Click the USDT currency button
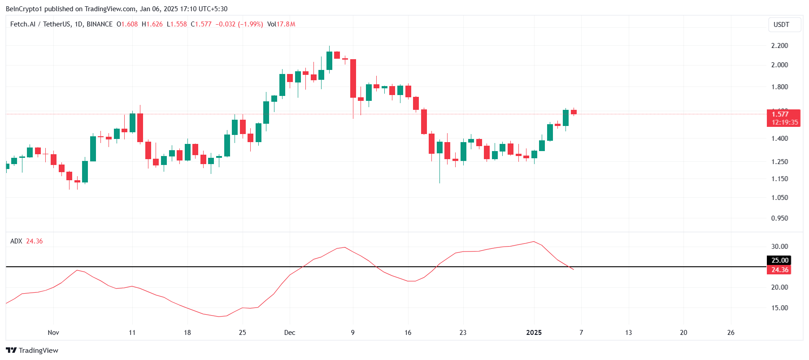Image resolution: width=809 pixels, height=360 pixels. click(x=781, y=25)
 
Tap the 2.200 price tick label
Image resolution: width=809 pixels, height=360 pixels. click(x=779, y=46)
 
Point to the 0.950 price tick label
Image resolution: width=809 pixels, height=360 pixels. click(x=779, y=218)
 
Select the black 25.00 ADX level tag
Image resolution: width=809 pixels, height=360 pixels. click(x=779, y=260)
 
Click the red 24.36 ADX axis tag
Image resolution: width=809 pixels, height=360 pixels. click(x=779, y=270)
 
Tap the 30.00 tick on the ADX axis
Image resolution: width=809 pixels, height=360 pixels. click(x=779, y=247)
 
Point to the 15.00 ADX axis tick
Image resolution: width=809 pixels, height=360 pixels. click(x=779, y=308)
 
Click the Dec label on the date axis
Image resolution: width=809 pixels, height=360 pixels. click(x=290, y=333)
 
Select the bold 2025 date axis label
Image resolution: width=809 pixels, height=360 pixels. click(x=534, y=333)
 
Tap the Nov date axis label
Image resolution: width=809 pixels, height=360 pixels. click(x=53, y=333)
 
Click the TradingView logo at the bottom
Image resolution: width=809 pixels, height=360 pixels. click(x=32, y=351)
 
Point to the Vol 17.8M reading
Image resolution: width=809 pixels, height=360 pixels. click(x=281, y=24)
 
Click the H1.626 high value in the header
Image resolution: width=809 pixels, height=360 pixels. click(x=152, y=24)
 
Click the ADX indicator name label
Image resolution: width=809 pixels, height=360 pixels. click(x=16, y=241)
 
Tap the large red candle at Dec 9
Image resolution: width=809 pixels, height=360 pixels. click(x=353, y=78)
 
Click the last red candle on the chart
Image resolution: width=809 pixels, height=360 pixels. click(x=574, y=112)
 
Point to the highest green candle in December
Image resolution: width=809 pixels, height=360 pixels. click(x=329, y=61)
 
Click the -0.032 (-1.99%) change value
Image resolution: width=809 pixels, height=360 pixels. click(x=239, y=24)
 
